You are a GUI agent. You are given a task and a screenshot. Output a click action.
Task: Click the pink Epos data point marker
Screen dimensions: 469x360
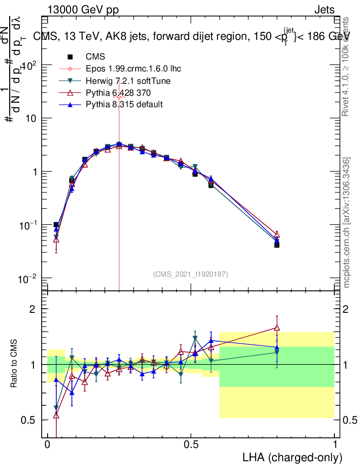coord(119,97)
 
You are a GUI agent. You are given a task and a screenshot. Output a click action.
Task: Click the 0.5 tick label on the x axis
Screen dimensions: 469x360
coord(191,445)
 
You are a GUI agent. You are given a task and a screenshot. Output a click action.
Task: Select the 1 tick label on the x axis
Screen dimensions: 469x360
coord(334,445)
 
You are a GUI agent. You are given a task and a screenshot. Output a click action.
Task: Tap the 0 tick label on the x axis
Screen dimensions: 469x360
coord(48,445)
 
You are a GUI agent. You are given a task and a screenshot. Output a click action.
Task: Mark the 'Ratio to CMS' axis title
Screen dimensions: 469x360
coord(15,364)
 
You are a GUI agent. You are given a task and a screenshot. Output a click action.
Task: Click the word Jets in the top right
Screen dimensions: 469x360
coord(324,11)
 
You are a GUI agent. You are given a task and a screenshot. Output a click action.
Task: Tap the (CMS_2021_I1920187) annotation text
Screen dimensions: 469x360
coord(191,274)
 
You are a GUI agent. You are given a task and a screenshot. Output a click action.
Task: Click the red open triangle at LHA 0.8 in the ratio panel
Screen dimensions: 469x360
coord(277,327)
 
